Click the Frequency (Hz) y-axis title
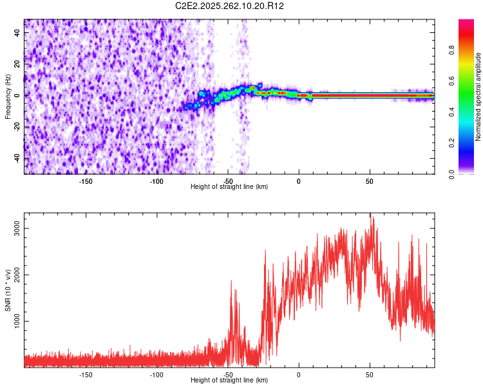(x=8, y=97)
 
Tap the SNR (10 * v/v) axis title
(x=8, y=290)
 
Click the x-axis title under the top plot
(x=229, y=186)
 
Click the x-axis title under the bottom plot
(x=229, y=381)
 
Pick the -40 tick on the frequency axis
(x=17, y=158)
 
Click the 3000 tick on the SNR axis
(x=17, y=229)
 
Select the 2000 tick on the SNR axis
(x=17, y=275)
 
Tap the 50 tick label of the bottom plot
(x=370, y=375)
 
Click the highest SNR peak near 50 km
(x=370, y=215)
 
